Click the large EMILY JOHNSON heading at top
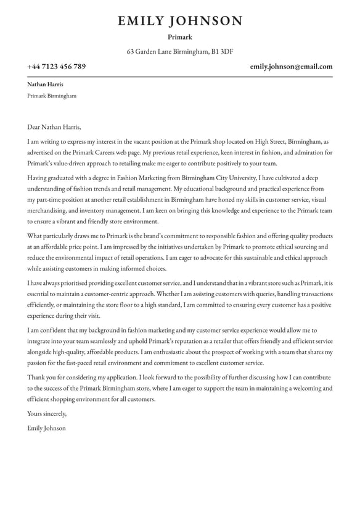(x=180, y=21)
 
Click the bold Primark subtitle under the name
(x=180, y=37)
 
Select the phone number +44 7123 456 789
(x=56, y=67)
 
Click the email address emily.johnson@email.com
(x=291, y=67)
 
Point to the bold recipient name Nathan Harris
(x=45, y=84)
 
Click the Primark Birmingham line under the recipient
(x=52, y=96)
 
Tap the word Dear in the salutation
(x=35, y=127)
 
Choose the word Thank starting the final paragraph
(x=36, y=377)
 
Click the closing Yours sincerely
(x=47, y=413)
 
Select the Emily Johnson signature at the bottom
(x=46, y=428)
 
